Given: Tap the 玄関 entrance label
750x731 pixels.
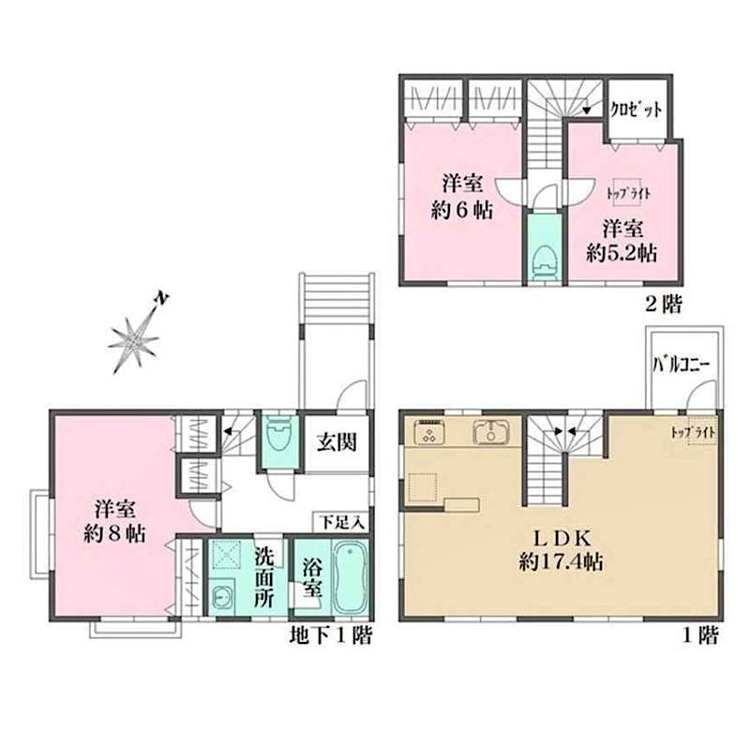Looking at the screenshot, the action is [337, 442].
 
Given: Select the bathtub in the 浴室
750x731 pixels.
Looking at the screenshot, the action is [350, 577].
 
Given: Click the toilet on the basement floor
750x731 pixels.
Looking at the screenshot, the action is [279, 434].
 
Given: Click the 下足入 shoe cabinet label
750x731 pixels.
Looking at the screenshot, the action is [342, 523].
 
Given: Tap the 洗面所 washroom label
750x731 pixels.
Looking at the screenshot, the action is [263, 577].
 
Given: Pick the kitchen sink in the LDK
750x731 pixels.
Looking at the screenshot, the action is [491, 432].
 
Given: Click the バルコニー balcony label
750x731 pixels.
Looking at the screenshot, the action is [682, 365].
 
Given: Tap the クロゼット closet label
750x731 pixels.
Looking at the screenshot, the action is [637, 111].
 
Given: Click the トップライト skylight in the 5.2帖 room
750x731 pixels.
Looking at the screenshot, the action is [628, 193].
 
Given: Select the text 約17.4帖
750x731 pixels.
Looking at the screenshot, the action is [561, 561].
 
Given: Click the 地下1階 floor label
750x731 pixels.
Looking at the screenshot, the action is [331, 635].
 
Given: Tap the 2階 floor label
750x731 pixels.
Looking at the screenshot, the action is [664, 305].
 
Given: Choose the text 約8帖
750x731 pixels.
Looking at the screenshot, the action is [114, 534].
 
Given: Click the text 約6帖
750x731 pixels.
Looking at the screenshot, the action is [461, 210].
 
